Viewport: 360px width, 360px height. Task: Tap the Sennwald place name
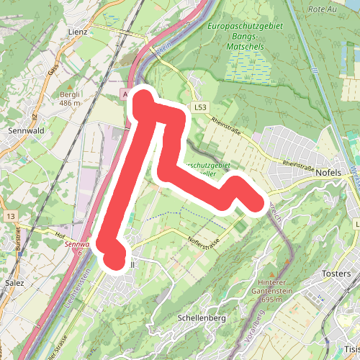(x=25, y=131)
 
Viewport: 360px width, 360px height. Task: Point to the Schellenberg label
(x=201, y=318)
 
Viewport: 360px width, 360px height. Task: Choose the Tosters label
(x=336, y=274)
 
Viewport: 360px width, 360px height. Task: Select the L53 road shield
(x=200, y=107)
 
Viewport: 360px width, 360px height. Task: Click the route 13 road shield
(x=10, y=215)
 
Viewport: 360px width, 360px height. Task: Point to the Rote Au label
(x=321, y=9)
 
